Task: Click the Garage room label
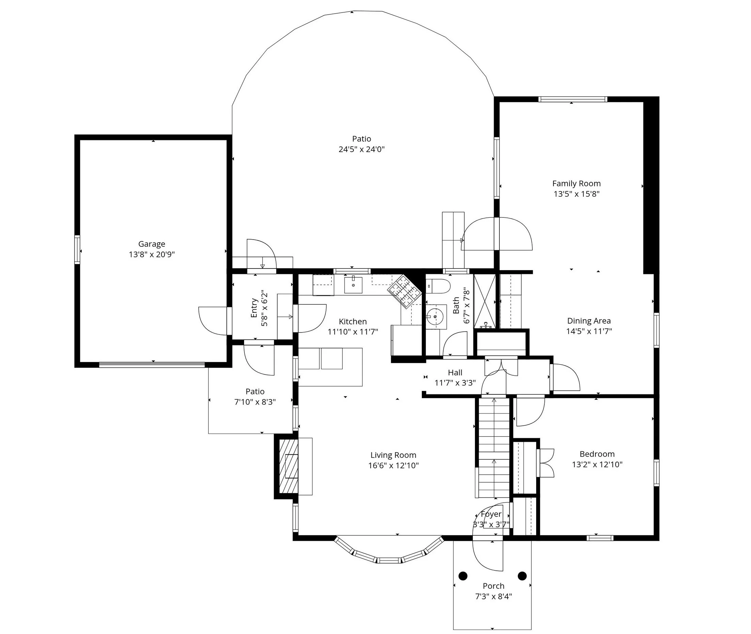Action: coord(151,244)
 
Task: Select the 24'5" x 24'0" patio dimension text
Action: coord(361,149)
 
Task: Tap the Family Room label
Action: coord(576,184)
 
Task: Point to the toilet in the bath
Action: coord(439,287)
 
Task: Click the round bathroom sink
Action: coord(435,316)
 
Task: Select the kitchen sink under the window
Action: coord(353,285)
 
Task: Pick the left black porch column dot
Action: coord(463,576)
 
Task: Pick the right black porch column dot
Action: coord(522,576)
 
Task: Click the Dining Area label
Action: coord(589,321)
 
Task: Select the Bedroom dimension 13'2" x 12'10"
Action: coord(597,465)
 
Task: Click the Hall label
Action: coord(455,373)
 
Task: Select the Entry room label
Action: coord(254,308)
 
